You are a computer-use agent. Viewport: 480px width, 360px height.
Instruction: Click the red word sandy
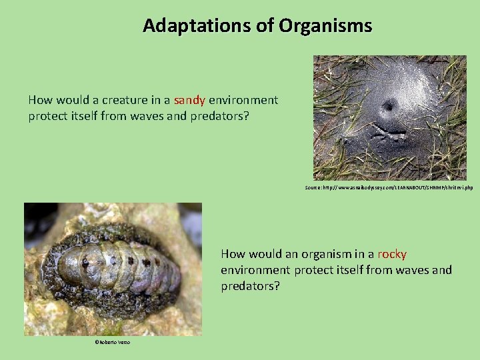[189, 101]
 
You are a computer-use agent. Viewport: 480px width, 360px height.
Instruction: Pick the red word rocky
[392, 254]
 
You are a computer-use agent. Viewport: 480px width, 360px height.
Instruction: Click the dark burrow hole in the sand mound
[388, 106]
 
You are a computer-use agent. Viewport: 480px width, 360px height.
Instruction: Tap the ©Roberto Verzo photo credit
[112, 342]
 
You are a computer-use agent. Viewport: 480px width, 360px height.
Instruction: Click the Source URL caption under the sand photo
[389, 188]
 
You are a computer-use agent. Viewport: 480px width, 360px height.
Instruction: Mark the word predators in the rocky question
[250, 285]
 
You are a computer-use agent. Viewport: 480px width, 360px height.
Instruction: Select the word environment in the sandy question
[243, 101]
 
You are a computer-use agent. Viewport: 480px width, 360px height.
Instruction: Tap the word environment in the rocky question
[255, 270]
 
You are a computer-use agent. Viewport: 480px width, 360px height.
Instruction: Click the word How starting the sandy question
[40, 101]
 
